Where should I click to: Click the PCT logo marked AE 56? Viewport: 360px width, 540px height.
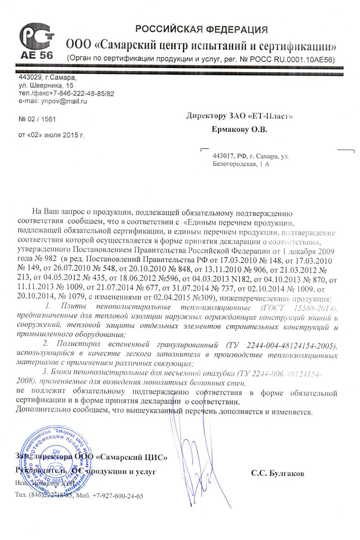pyautogui.click(x=36, y=41)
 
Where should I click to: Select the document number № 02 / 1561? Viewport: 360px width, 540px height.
pyautogui.click(x=38, y=119)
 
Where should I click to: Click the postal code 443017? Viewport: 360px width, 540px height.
pyautogui.click(x=224, y=156)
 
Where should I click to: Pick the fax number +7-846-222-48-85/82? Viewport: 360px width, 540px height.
pyautogui.click(x=79, y=93)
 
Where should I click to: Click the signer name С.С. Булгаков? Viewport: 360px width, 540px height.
pyautogui.click(x=278, y=473)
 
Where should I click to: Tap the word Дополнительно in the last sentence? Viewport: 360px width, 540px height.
pyautogui.click(x=39, y=411)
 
